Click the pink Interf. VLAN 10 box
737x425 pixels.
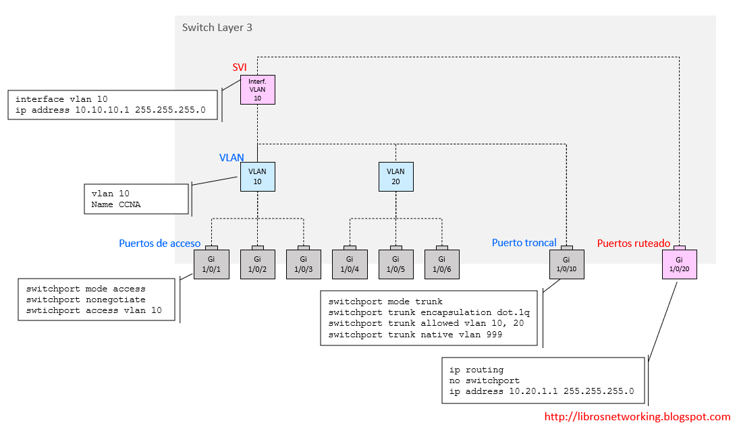click(257, 90)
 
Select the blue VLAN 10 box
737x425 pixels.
click(257, 176)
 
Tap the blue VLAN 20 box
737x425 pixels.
click(395, 176)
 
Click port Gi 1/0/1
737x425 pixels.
click(211, 264)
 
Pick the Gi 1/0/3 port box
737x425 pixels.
click(303, 264)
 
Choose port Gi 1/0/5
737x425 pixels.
click(395, 264)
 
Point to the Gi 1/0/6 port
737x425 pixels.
click(441, 264)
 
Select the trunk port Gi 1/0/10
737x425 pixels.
click(566, 264)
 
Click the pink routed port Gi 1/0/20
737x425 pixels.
click(679, 264)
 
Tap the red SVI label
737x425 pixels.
click(240, 67)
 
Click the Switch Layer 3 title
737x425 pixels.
click(217, 28)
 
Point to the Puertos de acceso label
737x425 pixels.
click(159, 244)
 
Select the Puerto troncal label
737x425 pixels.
click(524, 243)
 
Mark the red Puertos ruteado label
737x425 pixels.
click(634, 243)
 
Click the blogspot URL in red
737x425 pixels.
click(637, 417)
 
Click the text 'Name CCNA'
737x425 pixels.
click(116, 204)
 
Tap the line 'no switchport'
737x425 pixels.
click(484, 380)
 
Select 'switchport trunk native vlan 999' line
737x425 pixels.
click(414, 334)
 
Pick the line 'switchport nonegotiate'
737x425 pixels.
click(86, 300)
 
